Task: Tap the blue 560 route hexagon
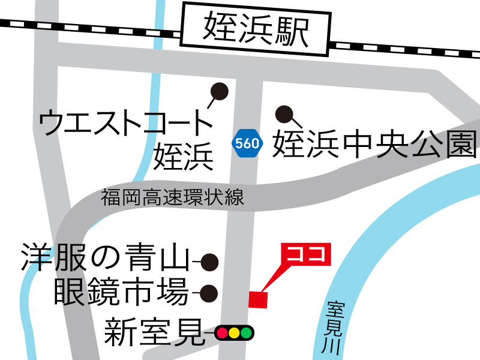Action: point(247,143)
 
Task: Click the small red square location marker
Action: point(258,299)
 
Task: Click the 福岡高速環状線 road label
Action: point(172,197)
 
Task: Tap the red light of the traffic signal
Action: point(222,332)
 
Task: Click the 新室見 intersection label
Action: point(153,332)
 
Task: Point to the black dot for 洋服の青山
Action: point(209,262)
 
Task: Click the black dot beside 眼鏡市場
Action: point(208,293)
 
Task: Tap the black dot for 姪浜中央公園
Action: point(283,113)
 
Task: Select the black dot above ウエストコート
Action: point(220,91)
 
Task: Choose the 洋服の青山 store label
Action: point(105,259)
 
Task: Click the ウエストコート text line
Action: point(126,123)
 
